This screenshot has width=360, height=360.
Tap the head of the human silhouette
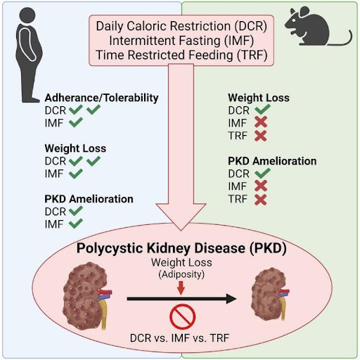point(27,15)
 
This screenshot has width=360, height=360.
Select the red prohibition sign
point(182,316)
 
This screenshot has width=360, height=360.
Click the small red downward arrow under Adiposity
point(181,288)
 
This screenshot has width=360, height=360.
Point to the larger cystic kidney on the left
point(86,297)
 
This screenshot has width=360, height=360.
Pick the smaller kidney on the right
point(270,294)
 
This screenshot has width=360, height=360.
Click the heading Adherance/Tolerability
point(101,98)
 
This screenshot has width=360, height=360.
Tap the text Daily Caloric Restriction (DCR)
point(181,26)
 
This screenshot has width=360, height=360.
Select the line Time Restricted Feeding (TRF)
point(181,55)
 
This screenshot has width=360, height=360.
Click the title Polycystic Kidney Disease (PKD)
point(181,247)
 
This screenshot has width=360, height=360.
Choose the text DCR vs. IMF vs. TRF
point(179,338)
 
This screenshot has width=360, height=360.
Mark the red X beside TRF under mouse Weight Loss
point(260,136)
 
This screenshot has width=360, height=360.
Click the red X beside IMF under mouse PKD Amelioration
point(261,186)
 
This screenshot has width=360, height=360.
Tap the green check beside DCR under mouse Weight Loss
point(262,110)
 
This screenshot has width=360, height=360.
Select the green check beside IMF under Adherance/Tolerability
point(76,122)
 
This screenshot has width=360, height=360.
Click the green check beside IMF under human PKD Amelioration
point(76,224)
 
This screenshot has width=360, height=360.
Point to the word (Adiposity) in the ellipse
point(181,274)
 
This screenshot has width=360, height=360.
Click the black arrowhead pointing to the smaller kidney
point(231,299)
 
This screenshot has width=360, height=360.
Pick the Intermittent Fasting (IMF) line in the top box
point(181,40)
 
